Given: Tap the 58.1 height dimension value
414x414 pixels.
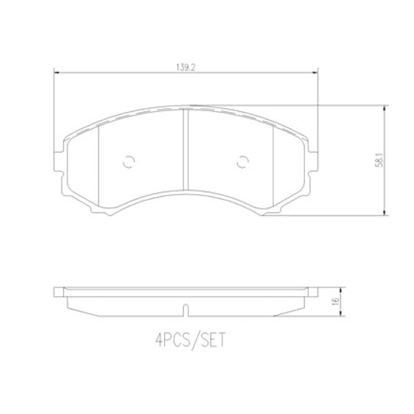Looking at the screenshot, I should coord(378,162).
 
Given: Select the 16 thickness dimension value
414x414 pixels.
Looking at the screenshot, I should coord(335,301).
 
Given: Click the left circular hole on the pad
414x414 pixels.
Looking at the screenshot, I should coord(129,162).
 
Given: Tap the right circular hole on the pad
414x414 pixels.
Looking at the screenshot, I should coord(243,162).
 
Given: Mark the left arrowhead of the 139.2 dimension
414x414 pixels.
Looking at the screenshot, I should coord(54,74).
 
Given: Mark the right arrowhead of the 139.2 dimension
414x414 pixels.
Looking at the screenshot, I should coord(314,74).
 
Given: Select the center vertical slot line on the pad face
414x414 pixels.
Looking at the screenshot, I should coord(183,149).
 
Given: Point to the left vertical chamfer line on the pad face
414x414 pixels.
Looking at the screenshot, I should coord(100,165).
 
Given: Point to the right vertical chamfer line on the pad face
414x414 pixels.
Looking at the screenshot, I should coord(273,163).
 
